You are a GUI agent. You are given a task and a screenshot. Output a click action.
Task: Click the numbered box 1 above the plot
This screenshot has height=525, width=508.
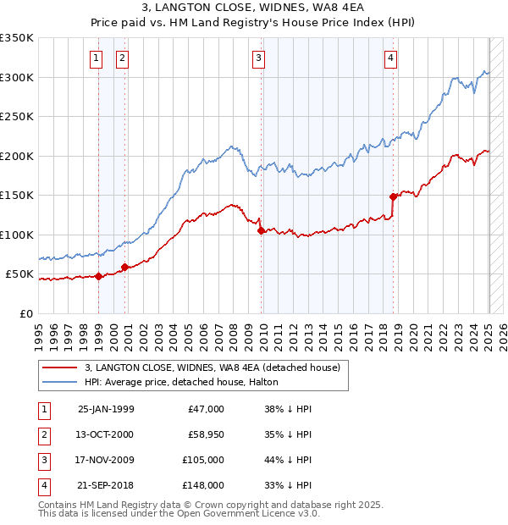(x=97, y=58)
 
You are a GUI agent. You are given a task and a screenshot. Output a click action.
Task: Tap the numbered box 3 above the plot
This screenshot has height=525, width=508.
(x=258, y=58)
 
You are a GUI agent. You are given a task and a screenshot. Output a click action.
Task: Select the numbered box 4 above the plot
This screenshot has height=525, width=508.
(x=390, y=58)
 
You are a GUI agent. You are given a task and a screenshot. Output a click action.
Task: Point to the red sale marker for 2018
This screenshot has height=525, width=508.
(x=393, y=196)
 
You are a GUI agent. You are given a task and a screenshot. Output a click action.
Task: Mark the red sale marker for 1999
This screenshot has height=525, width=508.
(x=98, y=275)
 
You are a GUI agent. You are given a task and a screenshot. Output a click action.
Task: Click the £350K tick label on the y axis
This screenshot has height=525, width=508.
(x=17, y=38)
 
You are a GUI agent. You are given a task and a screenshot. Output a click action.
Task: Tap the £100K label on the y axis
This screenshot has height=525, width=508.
(x=17, y=235)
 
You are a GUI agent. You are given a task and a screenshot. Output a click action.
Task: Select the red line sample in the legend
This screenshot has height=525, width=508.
(x=59, y=367)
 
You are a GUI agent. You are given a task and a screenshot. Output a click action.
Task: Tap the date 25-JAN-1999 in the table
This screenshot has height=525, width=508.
(x=106, y=409)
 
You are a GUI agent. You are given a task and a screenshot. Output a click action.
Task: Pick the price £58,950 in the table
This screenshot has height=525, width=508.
(x=203, y=434)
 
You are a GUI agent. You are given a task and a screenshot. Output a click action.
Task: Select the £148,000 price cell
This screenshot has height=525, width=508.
(x=203, y=485)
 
